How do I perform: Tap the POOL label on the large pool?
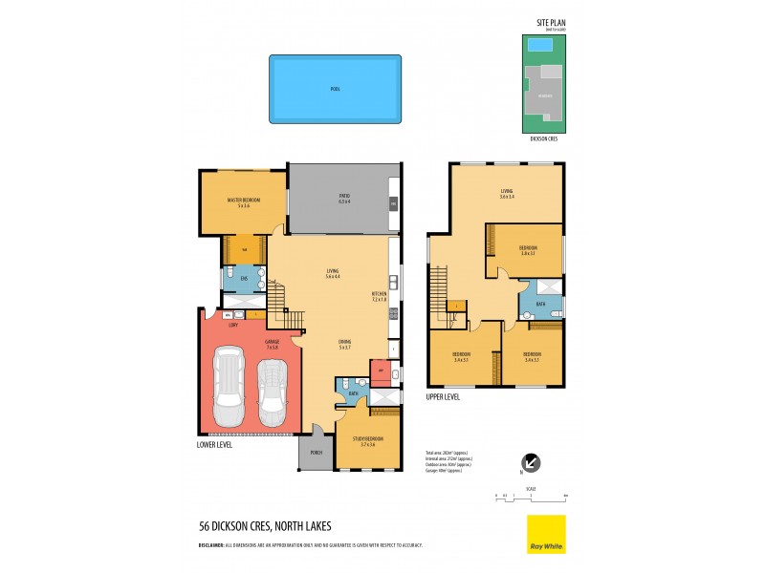(x=335, y=89)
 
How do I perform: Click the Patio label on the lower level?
(x=344, y=199)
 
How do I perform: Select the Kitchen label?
(x=380, y=297)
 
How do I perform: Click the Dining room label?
(x=345, y=345)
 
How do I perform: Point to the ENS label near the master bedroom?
(x=244, y=278)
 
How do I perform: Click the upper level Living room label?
(x=507, y=194)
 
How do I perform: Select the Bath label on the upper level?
(x=540, y=305)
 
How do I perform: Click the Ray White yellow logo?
(x=546, y=534)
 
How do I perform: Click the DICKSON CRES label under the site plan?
(x=544, y=139)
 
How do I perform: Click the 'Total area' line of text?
(x=447, y=452)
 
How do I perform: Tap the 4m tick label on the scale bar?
(x=566, y=496)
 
